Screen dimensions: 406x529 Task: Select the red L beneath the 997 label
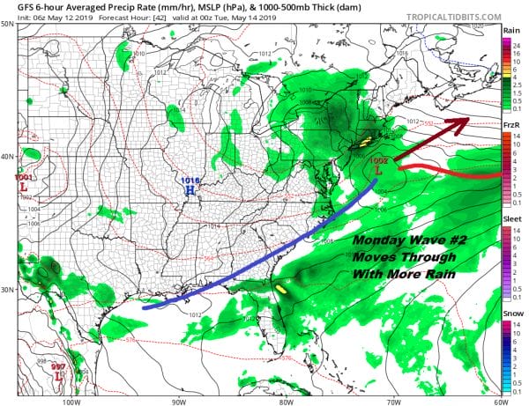[59, 376]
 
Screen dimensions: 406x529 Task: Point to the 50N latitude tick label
[7, 24]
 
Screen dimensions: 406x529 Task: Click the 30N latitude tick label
[7, 290]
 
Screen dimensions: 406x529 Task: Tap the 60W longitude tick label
[500, 397]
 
